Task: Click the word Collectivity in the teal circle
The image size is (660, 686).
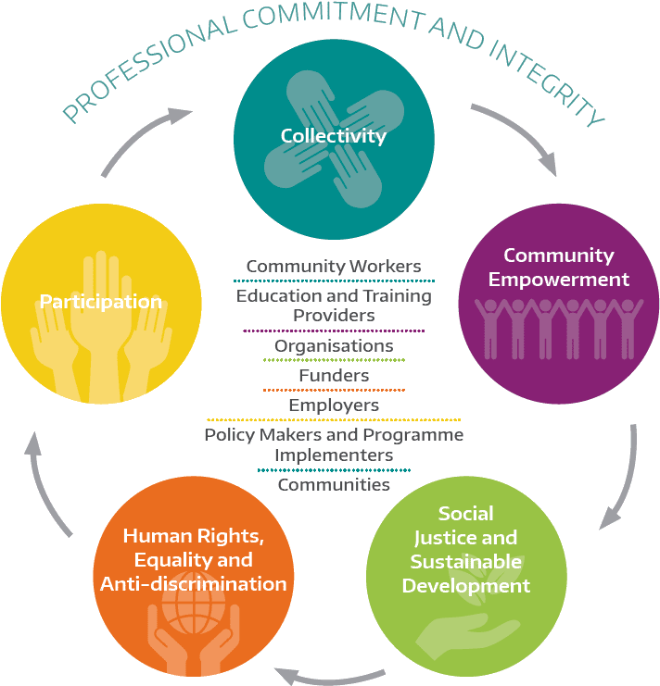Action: click(334, 136)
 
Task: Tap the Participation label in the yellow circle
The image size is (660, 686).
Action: click(101, 302)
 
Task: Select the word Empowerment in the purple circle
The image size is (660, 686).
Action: click(559, 280)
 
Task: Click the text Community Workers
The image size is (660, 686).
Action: click(334, 266)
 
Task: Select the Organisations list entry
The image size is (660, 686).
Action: click(334, 346)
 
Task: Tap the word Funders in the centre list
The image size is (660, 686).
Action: click(334, 375)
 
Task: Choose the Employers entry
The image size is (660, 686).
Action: click(334, 405)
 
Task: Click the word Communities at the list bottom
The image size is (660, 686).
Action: click(334, 485)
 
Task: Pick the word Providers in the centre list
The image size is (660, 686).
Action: click(334, 316)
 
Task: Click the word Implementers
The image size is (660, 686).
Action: click(334, 455)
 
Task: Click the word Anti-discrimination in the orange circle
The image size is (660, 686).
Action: click(193, 584)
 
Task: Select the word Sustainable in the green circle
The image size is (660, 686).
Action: click(466, 562)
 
